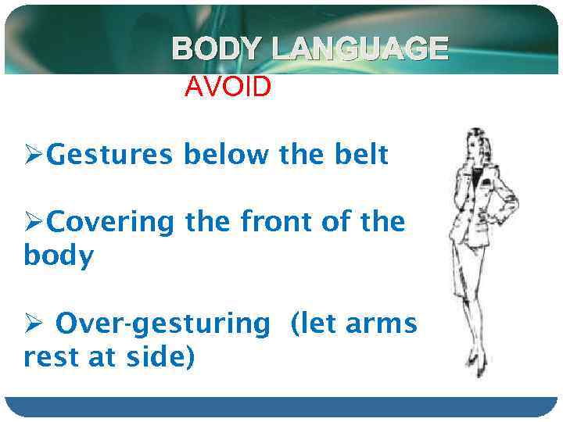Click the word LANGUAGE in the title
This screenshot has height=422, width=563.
(x=360, y=49)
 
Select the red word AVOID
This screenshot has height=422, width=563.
(x=228, y=87)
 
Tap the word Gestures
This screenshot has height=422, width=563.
(x=110, y=156)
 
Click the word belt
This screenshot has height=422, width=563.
(x=361, y=155)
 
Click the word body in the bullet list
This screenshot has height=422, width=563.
(x=59, y=256)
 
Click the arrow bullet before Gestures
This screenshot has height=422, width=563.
(x=33, y=156)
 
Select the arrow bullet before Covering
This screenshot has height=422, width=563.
(x=33, y=223)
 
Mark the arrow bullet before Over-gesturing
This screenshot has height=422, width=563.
(x=33, y=323)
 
